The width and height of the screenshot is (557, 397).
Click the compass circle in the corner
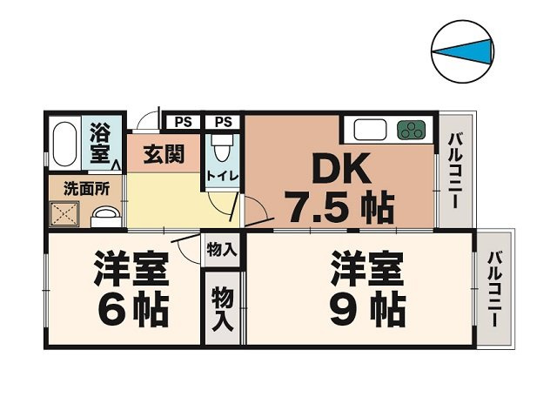463,52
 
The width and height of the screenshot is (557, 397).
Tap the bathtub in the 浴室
64,143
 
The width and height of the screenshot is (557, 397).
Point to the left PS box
183,122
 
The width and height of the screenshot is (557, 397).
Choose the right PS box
223,122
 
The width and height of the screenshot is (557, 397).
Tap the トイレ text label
222,178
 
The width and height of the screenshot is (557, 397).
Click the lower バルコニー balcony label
494,287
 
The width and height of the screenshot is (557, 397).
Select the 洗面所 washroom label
85,186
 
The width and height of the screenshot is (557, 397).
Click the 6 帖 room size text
131,308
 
